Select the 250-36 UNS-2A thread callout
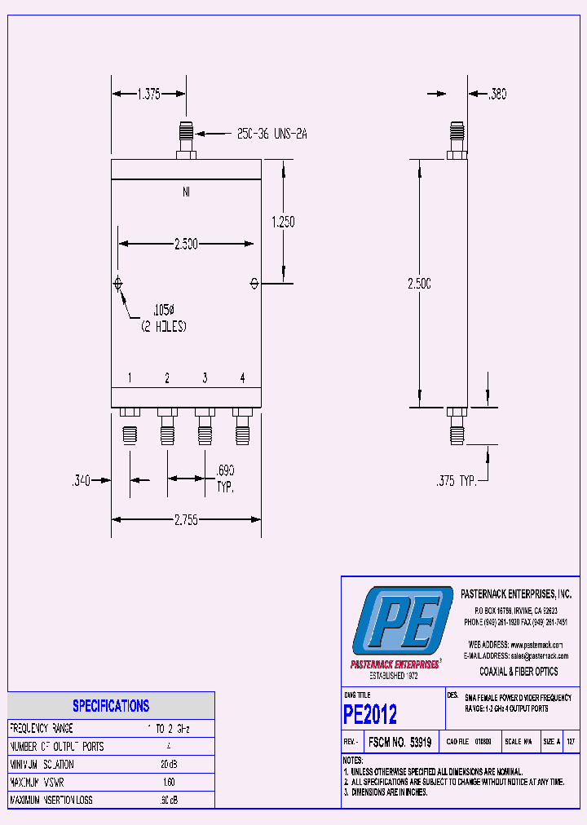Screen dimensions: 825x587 point(271,133)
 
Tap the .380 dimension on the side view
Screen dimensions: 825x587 point(497,95)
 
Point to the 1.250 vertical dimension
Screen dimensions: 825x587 point(282,221)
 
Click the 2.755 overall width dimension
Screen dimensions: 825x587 point(184,519)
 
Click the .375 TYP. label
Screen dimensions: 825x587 point(455,482)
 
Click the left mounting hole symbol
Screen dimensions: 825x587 point(118,284)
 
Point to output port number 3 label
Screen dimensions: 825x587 point(205,377)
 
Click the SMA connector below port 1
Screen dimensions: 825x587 point(130,435)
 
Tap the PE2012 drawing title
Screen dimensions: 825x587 point(371,715)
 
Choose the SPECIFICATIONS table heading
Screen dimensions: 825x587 point(111,706)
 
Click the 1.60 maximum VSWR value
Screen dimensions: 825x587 point(170,782)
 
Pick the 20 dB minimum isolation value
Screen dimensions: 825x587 point(170,764)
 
